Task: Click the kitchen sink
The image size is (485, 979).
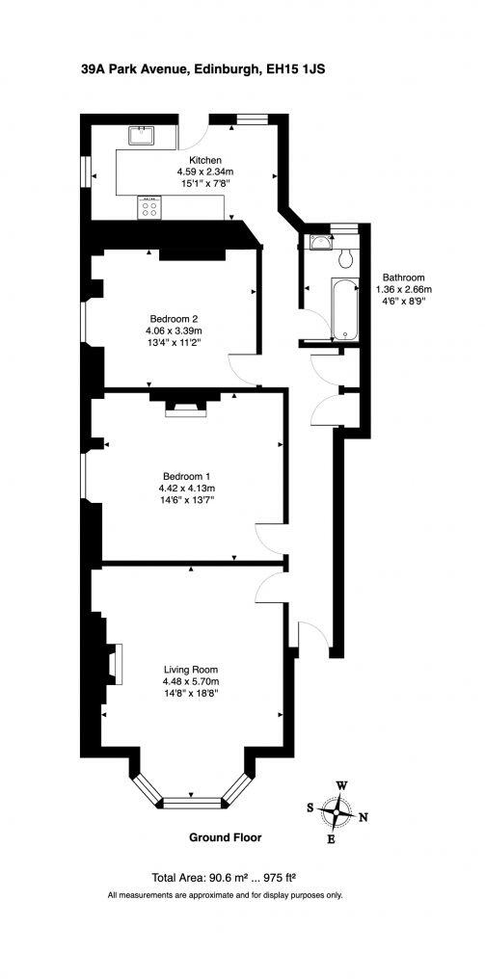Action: [x=142, y=135]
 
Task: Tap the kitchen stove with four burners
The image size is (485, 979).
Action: [x=149, y=207]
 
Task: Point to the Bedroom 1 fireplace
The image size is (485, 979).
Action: [x=180, y=409]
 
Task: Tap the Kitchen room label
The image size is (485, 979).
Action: [x=205, y=160]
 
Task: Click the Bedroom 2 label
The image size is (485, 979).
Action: [x=174, y=320]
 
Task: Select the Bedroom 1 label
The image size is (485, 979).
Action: [x=186, y=476]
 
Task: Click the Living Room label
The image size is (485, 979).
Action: [x=191, y=670]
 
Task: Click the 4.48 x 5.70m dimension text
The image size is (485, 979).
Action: [x=191, y=682]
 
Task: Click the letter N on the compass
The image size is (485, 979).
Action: [x=364, y=819]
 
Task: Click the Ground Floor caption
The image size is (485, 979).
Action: [x=225, y=837]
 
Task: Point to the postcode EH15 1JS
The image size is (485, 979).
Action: [x=300, y=69]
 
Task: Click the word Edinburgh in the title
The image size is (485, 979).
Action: [x=225, y=69]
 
